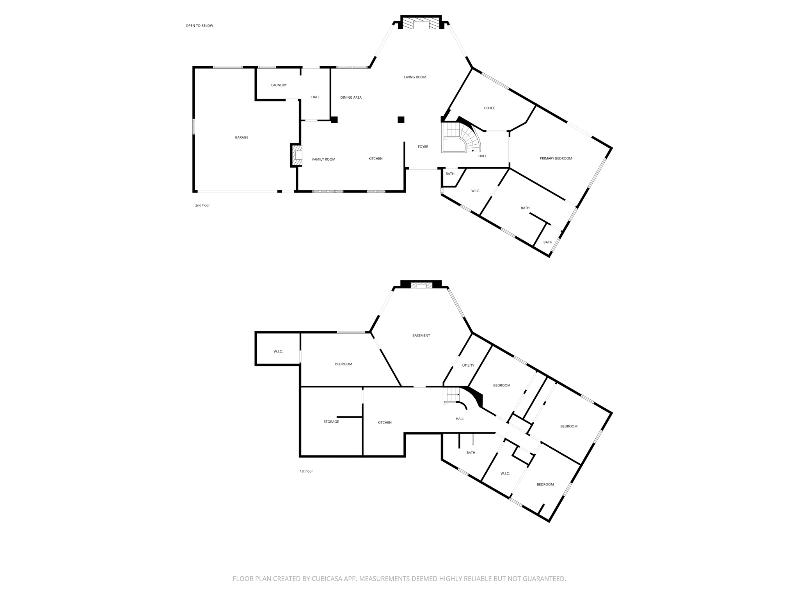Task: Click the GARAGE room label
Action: click(x=241, y=137)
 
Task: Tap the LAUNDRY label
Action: click(x=279, y=85)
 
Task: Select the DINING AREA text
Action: click(x=351, y=97)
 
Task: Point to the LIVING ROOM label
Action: click(x=415, y=77)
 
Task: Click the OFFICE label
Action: click(x=489, y=108)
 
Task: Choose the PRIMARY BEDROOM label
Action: click(x=556, y=158)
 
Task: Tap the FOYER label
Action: click(x=423, y=147)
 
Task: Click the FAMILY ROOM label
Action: click(x=323, y=159)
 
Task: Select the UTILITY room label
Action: click(x=468, y=365)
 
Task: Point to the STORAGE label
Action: click(x=331, y=422)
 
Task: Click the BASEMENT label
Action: click(x=421, y=335)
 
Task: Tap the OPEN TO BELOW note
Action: click(x=199, y=26)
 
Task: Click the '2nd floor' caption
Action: click(x=202, y=205)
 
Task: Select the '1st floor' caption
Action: click(x=306, y=471)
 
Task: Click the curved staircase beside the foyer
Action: click(x=462, y=138)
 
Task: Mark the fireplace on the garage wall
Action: click(x=297, y=155)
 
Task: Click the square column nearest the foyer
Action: click(x=401, y=120)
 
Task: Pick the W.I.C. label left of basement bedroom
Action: click(x=278, y=351)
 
